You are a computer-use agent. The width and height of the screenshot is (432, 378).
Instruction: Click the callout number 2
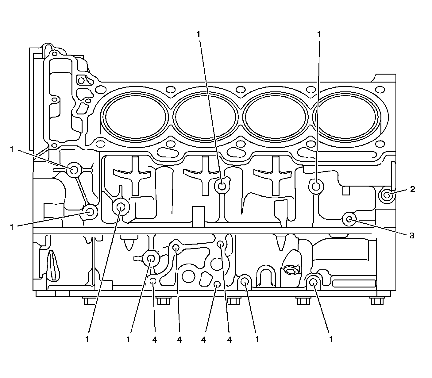[x=412, y=189]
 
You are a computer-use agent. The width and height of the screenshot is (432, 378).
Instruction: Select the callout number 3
[x=412, y=235]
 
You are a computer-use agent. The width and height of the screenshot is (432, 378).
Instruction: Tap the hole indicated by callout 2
[x=387, y=195]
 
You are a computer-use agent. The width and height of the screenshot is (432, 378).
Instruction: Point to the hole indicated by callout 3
[x=349, y=220]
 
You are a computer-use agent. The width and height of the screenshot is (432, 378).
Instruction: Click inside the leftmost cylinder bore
[x=136, y=117]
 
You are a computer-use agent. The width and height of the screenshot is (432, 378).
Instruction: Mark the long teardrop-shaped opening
[x=53, y=265]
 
